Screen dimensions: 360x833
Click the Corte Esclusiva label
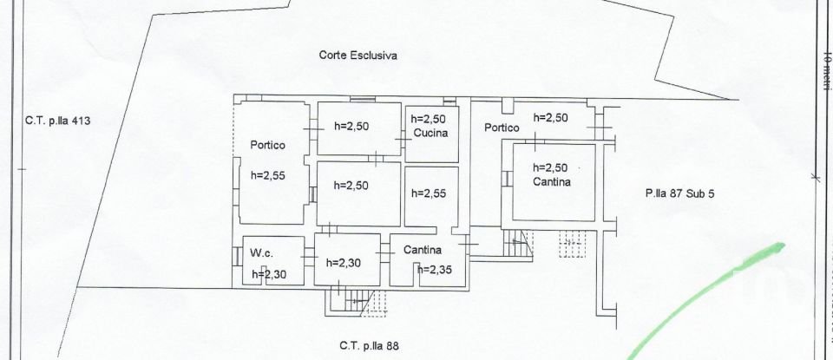click(357, 56)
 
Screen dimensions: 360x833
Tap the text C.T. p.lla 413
click(57, 121)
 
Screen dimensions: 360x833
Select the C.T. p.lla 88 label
click(370, 345)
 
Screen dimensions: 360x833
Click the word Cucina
click(430, 134)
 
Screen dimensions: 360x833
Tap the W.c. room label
click(261, 253)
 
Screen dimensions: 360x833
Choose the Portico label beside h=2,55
click(268, 145)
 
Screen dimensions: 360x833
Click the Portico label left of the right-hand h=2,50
click(502, 127)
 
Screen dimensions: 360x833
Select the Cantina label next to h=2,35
click(423, 250)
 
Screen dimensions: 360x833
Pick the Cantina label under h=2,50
click(552, 181)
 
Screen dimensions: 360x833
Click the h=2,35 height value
click(436, 269)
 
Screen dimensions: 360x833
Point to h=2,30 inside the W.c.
click(269, 275)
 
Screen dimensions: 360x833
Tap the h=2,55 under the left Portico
click(268, 174)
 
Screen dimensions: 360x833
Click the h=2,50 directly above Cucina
click(428, 120)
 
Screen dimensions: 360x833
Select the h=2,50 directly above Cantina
click(550, 167)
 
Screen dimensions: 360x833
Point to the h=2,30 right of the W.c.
click(344, 262)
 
